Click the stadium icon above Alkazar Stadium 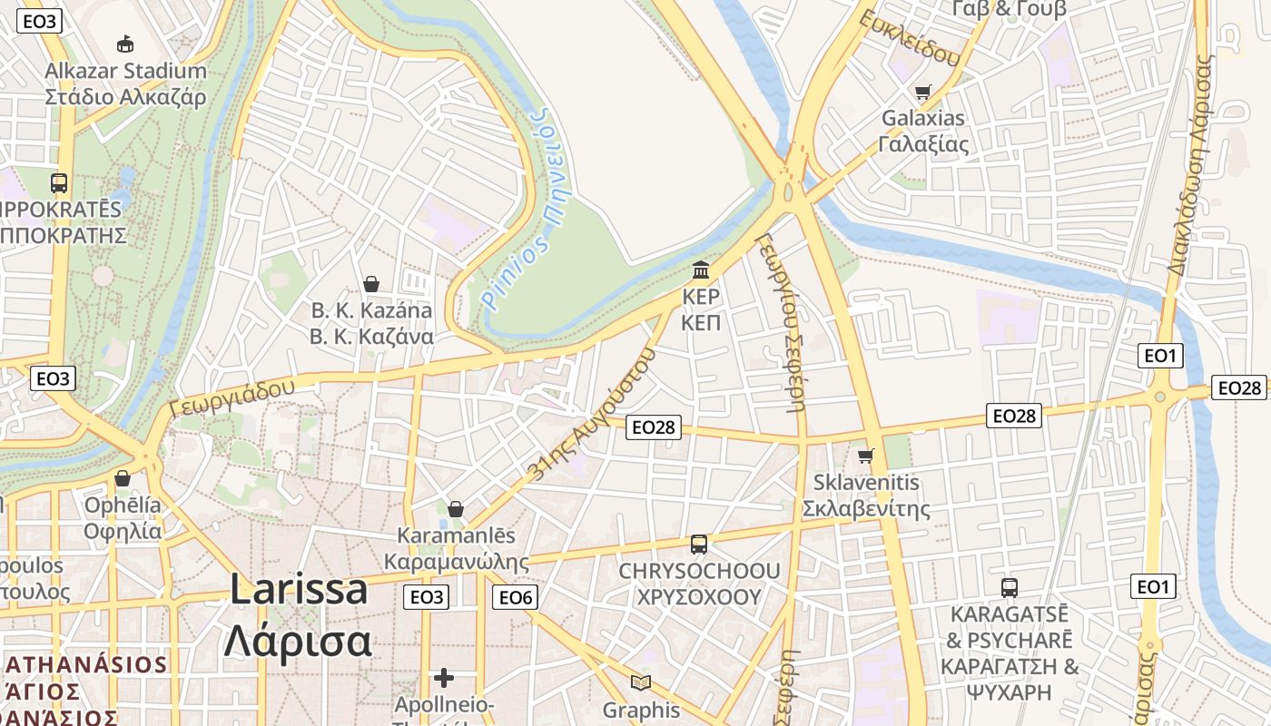125,44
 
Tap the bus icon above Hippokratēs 59,182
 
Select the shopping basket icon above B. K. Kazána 370,284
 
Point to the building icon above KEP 701,270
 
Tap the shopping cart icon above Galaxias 923,91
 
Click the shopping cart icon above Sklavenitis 866,455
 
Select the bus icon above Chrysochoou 698,544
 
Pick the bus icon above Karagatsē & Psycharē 1009,587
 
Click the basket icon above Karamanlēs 456,509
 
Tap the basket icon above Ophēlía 123,477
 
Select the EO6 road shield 515,596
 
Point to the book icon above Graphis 641,682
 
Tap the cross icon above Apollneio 443,677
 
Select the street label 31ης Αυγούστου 591,413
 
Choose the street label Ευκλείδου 910,38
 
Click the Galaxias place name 923,118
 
